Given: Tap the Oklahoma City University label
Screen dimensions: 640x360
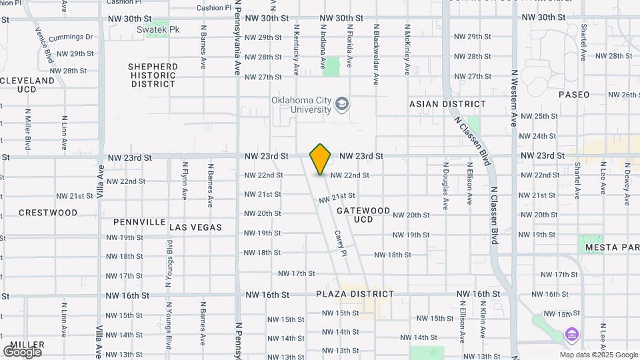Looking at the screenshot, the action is (301, 105).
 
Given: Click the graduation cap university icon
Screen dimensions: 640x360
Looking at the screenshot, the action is (342, 104).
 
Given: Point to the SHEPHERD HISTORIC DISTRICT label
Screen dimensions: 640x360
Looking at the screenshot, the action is (153, 75).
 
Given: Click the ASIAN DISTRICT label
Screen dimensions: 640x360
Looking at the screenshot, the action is (447, 104).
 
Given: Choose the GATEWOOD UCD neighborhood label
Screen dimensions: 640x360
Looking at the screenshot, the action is (363, 215).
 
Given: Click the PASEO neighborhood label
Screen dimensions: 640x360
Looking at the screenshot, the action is (574, 95).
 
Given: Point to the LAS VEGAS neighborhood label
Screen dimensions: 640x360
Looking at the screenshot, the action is (195, 227).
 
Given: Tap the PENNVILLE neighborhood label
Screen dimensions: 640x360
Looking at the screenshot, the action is (139, 221).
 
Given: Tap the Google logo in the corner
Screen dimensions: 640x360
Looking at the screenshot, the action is (22, 351).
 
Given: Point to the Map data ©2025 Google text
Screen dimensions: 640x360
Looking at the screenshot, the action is (599, 355).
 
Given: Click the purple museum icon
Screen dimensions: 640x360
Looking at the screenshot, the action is (571, 335).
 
